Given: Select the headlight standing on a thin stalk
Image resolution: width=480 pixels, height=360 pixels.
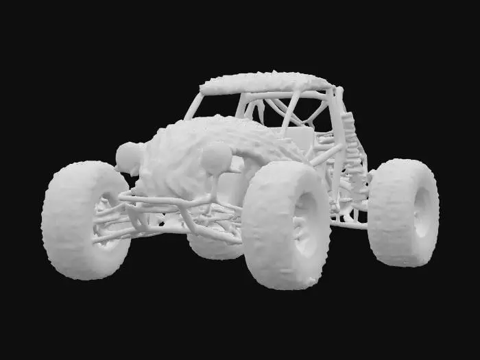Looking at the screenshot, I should pyautogui.click(x=216, y=158).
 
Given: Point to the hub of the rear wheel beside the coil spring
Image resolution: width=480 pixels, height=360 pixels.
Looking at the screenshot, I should pyautogui.click(x=420, y=209).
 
